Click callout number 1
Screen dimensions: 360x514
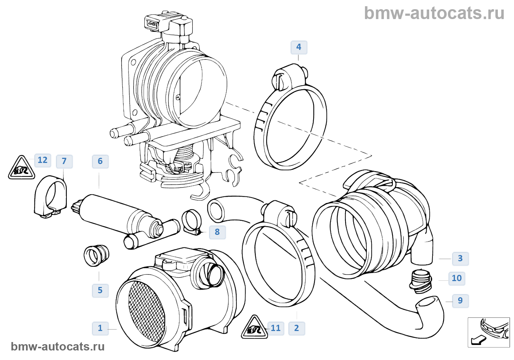[x=100, y=328]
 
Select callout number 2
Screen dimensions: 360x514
[x=297, y=328]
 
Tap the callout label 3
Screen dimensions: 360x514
[x=460, y=258]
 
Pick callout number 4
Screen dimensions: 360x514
[x=298, y=47]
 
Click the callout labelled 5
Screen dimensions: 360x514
[x=100, y=290]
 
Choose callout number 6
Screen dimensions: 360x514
[x=100, y=161]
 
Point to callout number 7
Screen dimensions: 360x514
[x=64, y=161]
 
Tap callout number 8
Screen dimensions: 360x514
[x=217, y=232]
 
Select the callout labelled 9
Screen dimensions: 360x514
[x=460, y=301]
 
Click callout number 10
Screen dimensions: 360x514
[x=456, y=278]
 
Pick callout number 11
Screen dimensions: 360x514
[x=275, y=328]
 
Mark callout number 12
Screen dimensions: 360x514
[x=43, y=160]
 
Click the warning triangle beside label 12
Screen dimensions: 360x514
[x=22, y=168]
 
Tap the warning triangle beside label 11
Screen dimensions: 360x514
[x=254, y=328]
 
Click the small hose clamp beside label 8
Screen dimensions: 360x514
[x=192, y=221]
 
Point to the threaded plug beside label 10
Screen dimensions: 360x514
[x=420, y=281]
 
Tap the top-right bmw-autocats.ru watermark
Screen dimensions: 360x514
[x=434, y=13]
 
